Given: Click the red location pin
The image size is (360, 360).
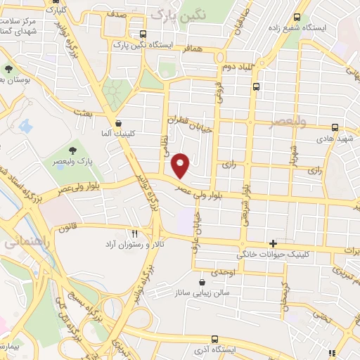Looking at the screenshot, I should [181, 166].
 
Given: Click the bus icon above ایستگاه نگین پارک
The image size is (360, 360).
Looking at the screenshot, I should [143, 34].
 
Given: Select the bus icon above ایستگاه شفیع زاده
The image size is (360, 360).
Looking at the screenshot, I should [297, 16].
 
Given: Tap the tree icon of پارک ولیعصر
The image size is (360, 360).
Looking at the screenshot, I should [72, 150].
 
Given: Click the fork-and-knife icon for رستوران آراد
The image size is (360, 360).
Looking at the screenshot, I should [134, 233].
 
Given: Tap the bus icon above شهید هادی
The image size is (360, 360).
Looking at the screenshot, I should [335, 128].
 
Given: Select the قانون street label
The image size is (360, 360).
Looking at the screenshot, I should [67, 228].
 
